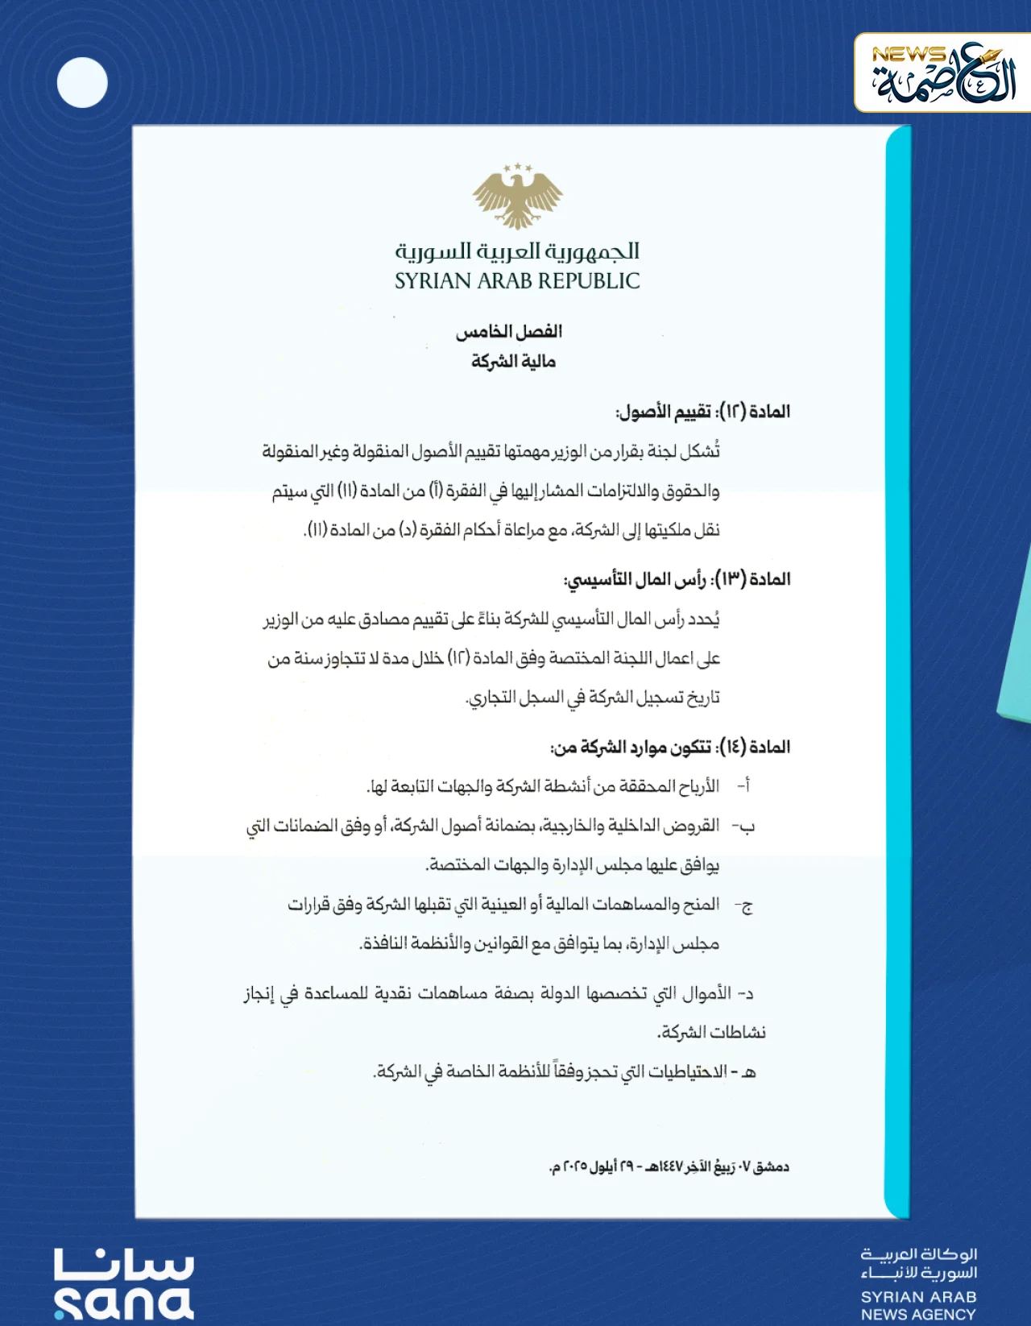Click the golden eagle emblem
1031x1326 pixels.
tap(517, 196)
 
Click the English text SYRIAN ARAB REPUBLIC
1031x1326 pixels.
tap(517, 281)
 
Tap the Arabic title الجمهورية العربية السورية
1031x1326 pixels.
tap(517, 251)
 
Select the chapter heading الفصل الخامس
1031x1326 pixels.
tap(509, 331)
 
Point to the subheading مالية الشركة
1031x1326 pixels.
tap(513, 362)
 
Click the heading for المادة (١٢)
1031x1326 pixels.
tap(703, 412)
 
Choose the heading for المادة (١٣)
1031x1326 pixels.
tap(677, 579)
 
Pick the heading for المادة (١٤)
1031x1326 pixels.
tap(670, 747)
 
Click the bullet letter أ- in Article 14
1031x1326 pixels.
tap(744, 785)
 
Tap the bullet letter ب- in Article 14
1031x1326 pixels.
tap(744, 826)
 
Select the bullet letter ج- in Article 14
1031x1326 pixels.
tap(744, 905)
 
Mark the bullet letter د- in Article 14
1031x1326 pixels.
tap(746, 993)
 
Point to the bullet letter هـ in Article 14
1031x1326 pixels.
tap(747, 1072)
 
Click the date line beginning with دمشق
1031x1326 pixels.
tap(669, 1166)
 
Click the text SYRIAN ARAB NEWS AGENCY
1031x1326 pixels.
tap(918, 1305)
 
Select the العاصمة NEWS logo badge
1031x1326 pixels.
tap(942, 73)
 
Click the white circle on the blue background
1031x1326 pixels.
tap(82, 82)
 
